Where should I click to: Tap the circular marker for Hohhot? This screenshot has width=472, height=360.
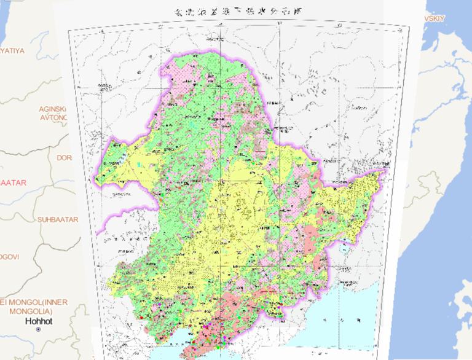[x=38, y=329]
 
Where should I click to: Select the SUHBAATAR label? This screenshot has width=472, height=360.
[x=58, y=219]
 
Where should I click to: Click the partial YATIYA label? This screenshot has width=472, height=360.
[x=12, y=50]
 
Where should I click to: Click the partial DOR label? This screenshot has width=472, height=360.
[x=64, y=158]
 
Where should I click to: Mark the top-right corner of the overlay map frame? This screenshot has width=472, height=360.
[x=409, y=25]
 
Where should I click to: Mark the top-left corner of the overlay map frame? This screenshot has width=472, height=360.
[x=68, y=29]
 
